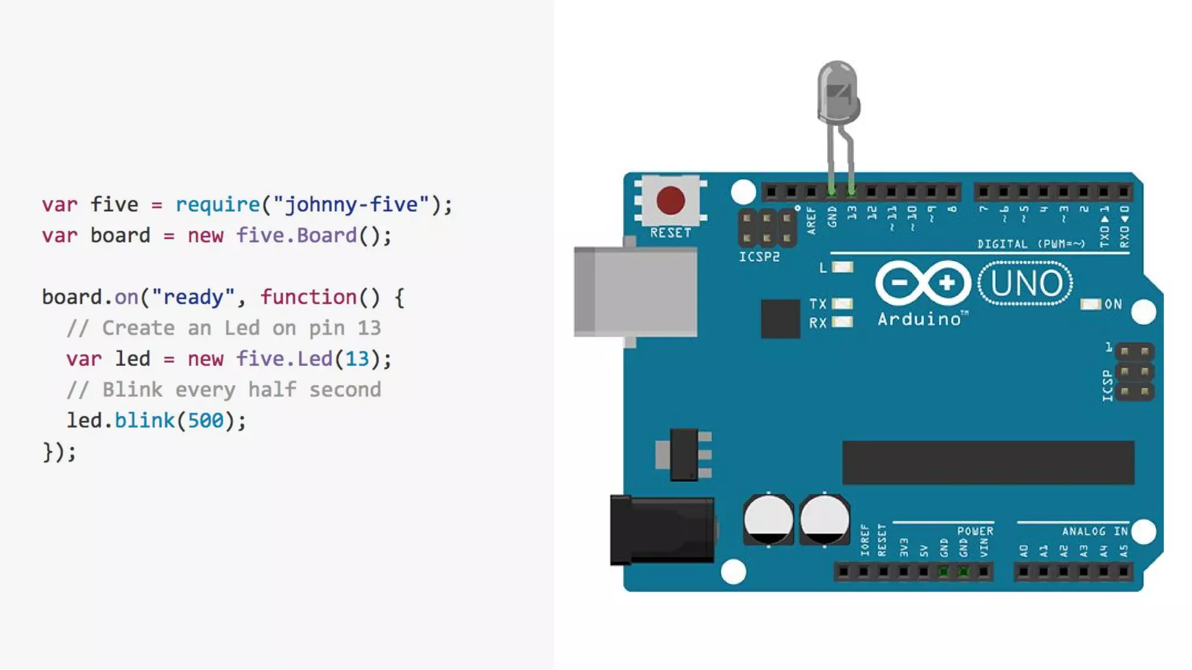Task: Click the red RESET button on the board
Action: tap(670, 200)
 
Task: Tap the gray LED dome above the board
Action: tap(838, 93)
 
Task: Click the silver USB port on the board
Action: tap(636, 291)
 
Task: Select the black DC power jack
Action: tap(662, 530)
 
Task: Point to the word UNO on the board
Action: tap(1026, 283)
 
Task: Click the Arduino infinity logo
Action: tap(923, 283)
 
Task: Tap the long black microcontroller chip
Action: tap(988, 462)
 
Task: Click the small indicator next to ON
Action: tap(1090, 304)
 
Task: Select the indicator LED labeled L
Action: tap(842, 267)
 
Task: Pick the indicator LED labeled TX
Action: tap(842, 304)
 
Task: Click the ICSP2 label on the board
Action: tap(759, 256)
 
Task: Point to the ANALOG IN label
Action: tap(1095, 531)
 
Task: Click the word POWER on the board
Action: tap(975, 531)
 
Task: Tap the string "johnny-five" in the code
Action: tap(351, 205)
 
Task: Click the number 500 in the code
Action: tap(205, 420)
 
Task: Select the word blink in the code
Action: tap(144, 420)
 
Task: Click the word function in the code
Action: tap(308, 297)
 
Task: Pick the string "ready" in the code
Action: tap(193, 297)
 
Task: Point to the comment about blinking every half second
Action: tap(224, 390)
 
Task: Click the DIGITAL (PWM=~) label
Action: tap(1031, 244)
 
